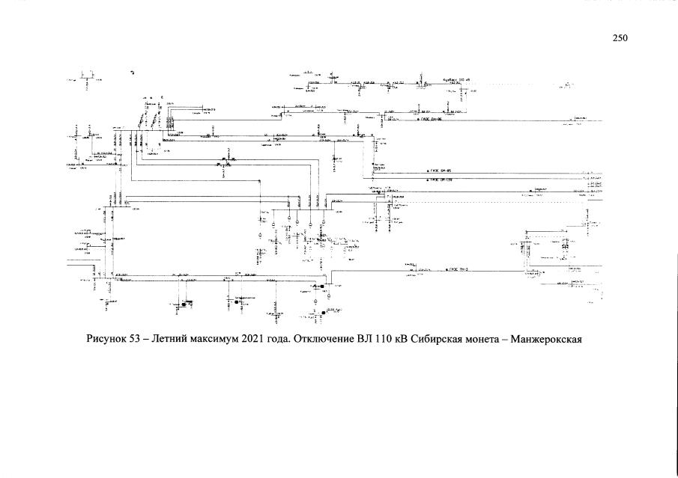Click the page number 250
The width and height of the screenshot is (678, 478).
coord(619,39)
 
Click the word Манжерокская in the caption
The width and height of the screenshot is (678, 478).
coord(553,340)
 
